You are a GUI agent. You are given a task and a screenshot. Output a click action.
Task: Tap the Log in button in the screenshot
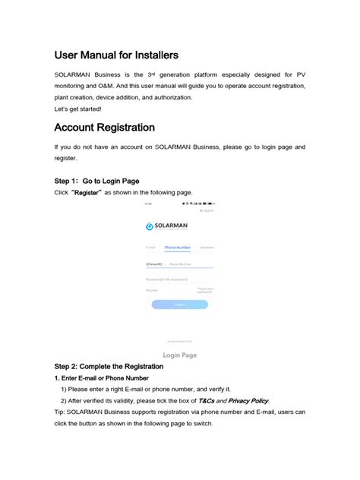click(x=179, y=305)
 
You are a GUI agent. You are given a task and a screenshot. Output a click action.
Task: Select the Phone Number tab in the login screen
click(x=178, y=248)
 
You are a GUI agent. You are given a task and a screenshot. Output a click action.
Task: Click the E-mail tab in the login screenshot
click(x=150, y=248)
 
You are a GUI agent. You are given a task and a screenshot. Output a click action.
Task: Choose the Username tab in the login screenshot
click(x=207, y=248)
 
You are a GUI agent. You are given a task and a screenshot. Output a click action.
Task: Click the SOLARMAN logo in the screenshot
click(x=167, y=226)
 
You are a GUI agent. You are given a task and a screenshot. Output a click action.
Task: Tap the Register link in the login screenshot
click(x=152, y=290)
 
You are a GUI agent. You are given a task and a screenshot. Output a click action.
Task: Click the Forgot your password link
click(x=205, y=290)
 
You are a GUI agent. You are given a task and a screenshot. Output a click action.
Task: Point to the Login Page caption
click(x=180, y=355)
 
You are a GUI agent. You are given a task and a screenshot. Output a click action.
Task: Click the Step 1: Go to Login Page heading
click(x=96, y=182)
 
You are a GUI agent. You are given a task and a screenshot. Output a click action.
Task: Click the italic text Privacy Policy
click(x=248, y=400)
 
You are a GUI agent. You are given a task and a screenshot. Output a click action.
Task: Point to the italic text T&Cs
click(x=207, y=400)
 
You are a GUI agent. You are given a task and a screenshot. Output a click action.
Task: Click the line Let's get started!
click(x=78, y=109)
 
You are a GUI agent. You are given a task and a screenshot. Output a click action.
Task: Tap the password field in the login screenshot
click(x=179, y=280)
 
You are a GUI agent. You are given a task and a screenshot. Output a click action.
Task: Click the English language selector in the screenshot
click(x=206, y=210)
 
